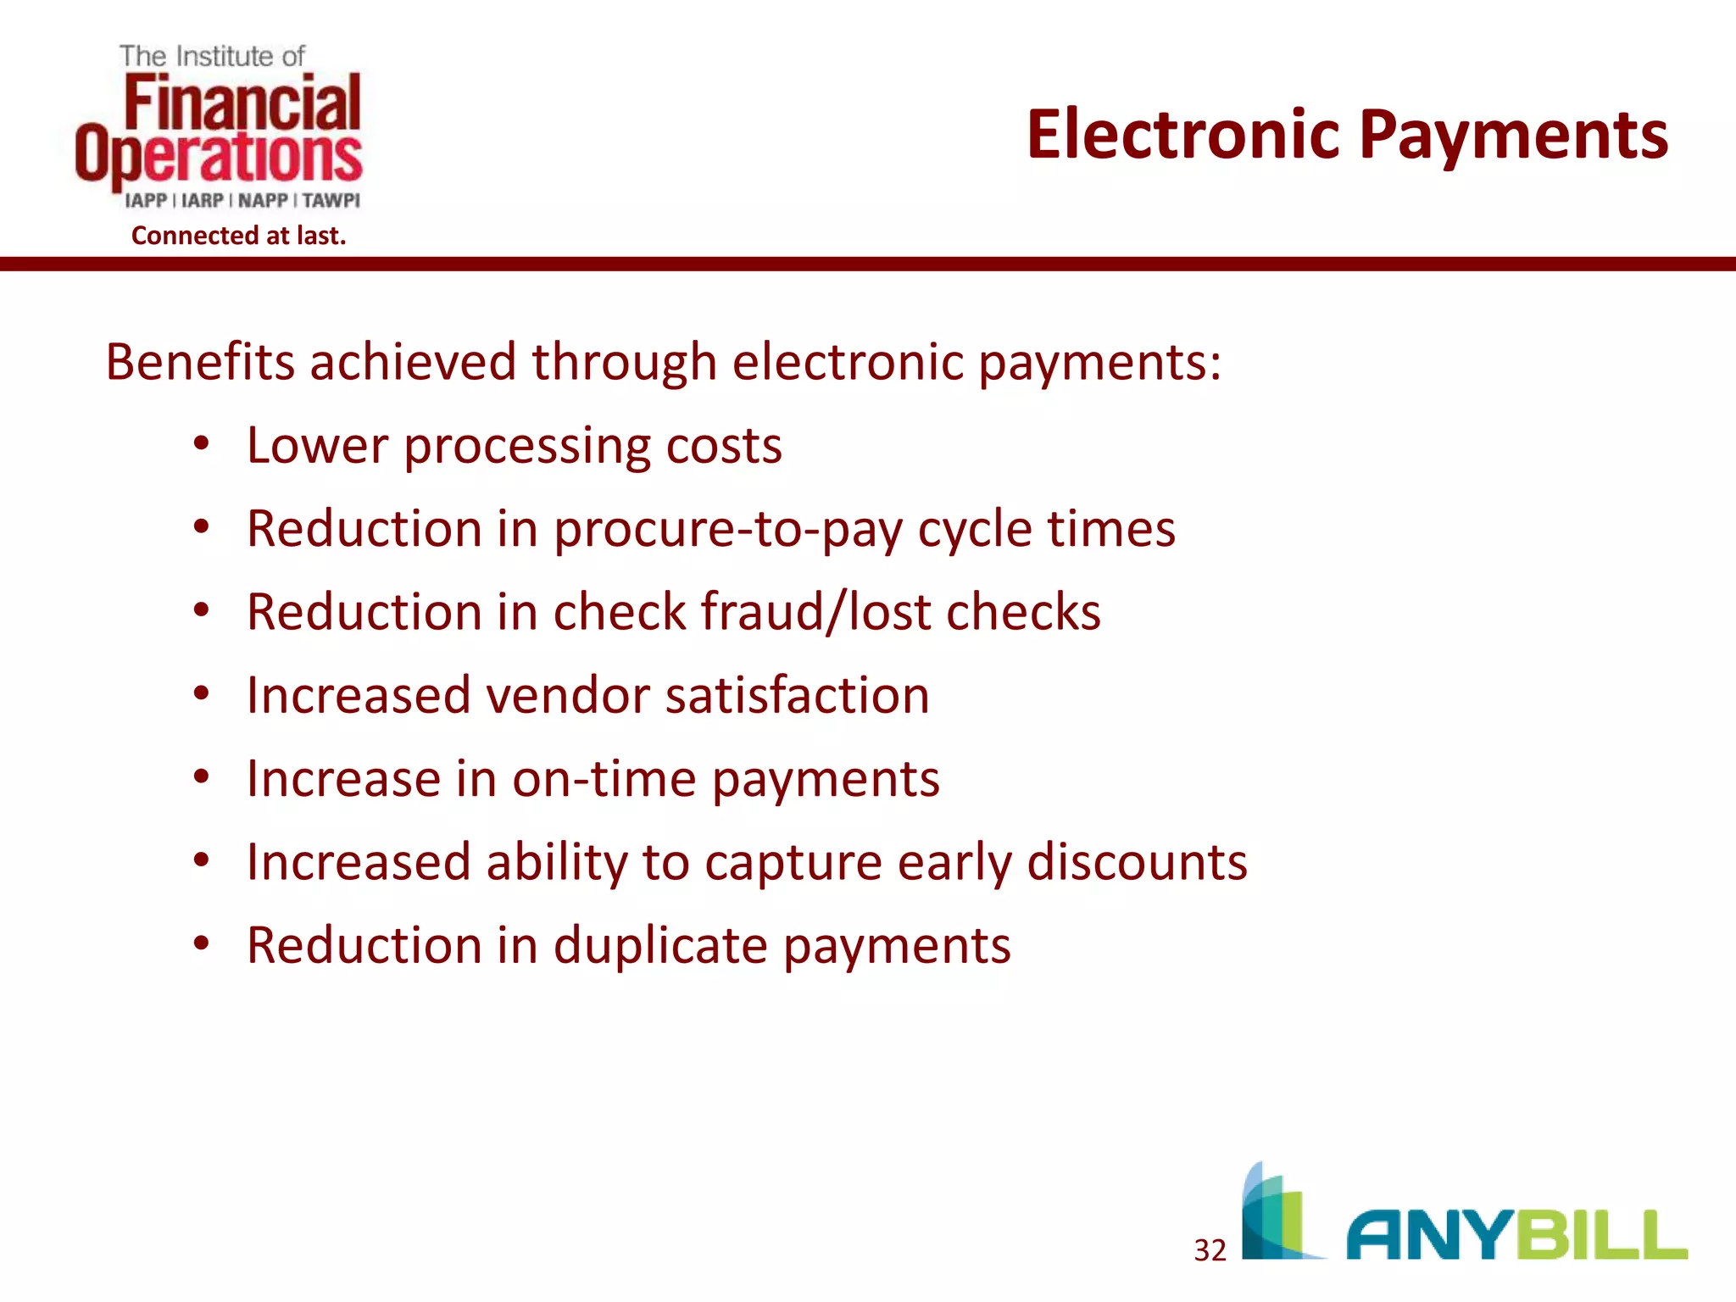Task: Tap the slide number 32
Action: point(1210,1250)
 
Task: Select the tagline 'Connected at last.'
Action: point(238,236)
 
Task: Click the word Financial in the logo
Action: point(242,103)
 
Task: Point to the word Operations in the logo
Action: point(219,156)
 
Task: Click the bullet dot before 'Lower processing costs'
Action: point(201,444)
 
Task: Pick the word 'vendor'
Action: point(568,696)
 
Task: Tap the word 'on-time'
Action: point(604,779)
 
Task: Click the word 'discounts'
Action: point(1137,862)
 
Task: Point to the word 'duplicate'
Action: point(660,946)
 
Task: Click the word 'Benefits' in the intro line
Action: point(200,363)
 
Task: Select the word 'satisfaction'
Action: point(797,696)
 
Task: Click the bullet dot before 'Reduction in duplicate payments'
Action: point(201,943)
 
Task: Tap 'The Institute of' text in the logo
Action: point(212,57)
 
